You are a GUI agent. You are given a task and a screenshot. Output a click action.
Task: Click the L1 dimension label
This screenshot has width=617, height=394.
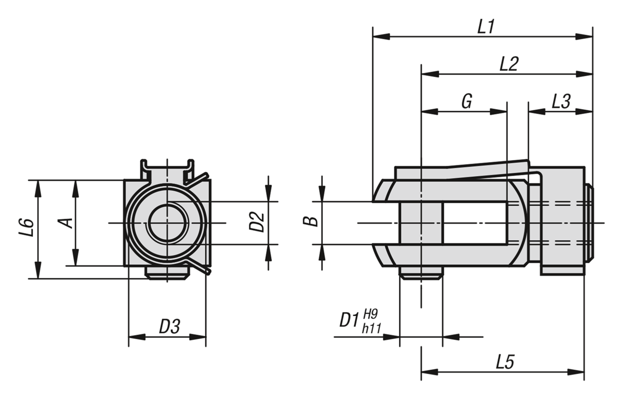pyautogui.click(x=486, y=26)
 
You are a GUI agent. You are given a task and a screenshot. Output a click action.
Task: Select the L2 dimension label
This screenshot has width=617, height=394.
pyautogui.click(x=509, y=64)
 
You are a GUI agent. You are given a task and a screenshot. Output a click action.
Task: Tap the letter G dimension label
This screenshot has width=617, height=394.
pyautogui.click(x=467, y=101)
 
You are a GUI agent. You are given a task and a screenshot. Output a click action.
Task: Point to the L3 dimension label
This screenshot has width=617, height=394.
pyautogui.click(x=561, y=101)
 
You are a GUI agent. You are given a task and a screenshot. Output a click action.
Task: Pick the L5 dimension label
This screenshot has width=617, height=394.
pyautogui.click(x=505, y=362)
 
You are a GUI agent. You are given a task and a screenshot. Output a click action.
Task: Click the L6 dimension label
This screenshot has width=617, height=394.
pyautogui.click(x=26, y=227)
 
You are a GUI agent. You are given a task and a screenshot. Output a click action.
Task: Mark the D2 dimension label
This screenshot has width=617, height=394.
pyautogui.click(x=257, y=222)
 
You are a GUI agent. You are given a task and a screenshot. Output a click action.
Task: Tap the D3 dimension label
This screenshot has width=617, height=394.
pyautogui.click(x=169, y=327)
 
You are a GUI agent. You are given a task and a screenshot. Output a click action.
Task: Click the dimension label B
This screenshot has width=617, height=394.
pyautogui.click(x=311, y=221)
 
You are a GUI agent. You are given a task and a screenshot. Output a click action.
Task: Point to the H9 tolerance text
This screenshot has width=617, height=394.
pyautogui.click(x=371, y=314)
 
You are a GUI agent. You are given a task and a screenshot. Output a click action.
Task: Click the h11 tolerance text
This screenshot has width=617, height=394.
pyautogui.click(x=372, y=329)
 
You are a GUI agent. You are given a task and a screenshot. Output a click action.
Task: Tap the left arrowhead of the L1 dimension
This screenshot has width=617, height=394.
pyautogui.click(x=381, y=37)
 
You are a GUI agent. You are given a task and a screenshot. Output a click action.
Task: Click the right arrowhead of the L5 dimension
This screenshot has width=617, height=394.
pyautogui.click(x=576, y=372)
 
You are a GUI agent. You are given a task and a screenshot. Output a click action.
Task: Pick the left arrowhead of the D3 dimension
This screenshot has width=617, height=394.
pyautogui.click(x=137, y=337)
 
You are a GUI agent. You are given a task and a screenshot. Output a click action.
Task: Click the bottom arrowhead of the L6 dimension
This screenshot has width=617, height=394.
pyautogui.click(x=38, y=270)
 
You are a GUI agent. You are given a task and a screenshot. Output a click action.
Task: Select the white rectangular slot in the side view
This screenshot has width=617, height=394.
pyautogui.click(x=475, y=223)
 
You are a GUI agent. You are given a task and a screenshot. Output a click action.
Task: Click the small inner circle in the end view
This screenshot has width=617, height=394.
pyautogui.click(x=169, y=223)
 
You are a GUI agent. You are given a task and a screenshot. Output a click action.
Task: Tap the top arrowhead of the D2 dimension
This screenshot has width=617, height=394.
pyautogui.click(x=268, y=193)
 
